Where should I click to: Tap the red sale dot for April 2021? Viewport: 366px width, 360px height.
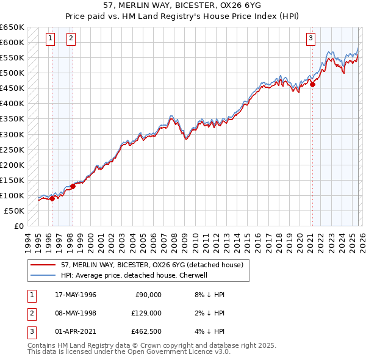pos(313,84)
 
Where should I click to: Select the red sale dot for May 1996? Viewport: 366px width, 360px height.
pos(52,198)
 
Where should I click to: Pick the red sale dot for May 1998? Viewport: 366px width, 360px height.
pos(73,186)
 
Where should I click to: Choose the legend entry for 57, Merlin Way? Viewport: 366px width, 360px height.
pos(152,265)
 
